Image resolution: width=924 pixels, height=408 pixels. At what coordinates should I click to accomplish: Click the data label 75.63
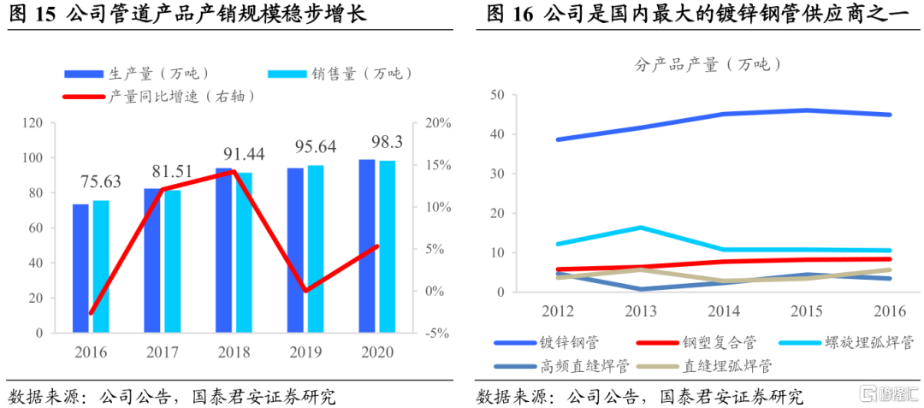(102, 181)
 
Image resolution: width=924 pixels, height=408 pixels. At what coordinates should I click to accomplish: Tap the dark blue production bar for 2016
(80, 268)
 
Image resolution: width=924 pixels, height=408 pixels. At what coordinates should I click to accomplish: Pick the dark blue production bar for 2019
(295, 249)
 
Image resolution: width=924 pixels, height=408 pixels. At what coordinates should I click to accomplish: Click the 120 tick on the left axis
(33, 123)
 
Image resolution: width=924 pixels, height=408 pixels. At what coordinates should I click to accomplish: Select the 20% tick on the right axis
(438, 123)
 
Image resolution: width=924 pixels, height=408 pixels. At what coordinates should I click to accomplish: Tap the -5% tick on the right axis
(437, 333)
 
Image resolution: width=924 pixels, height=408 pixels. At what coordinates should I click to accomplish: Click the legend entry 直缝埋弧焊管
(727, 366)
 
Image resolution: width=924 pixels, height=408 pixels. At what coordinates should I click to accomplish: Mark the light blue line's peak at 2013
(641, 228)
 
